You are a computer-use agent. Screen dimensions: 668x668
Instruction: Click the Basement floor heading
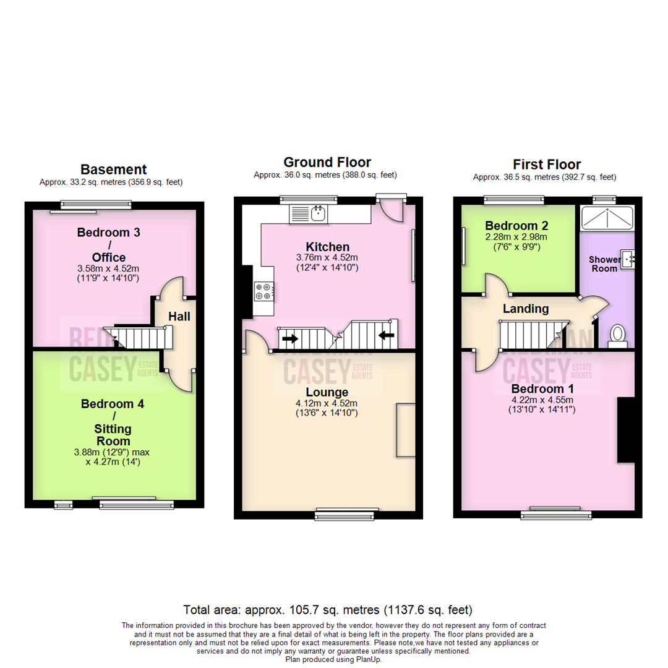(x=113, y=169)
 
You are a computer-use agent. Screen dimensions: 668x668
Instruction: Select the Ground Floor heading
(x=327, y=163)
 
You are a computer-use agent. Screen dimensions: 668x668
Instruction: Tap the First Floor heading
(x=547, y=165)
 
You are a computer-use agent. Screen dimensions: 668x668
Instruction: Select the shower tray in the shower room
(x=607, y=217)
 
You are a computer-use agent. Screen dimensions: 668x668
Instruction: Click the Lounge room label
(x=327, y=392)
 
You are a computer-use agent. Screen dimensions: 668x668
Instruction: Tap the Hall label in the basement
(x=179, y=317)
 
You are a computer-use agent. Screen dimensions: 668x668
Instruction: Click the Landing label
(x=525, y=309)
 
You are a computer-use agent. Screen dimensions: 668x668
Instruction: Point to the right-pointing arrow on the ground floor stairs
(x=289, y=338)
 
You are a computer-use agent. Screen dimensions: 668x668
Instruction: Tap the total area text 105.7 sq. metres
(x=328, y=609)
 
